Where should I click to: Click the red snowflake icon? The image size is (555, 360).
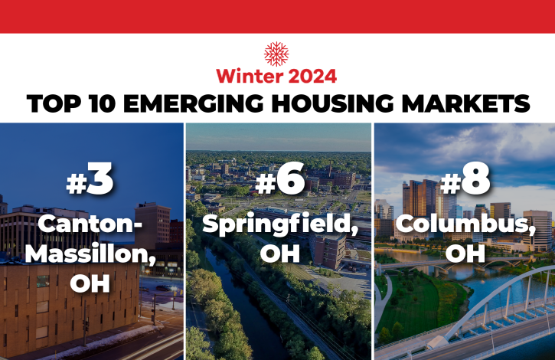point(276,54)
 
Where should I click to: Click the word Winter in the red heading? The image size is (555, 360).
point(250,76)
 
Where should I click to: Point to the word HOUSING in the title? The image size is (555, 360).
point(333,103)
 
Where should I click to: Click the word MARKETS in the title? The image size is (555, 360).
point(466,103)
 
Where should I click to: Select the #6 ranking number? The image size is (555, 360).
point(280,178)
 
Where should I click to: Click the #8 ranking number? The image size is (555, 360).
point(465,178)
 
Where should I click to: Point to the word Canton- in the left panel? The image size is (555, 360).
point(90,224)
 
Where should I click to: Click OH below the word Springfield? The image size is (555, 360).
point(280,254)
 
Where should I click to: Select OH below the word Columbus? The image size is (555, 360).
point(465,254)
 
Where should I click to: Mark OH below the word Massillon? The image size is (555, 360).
point(90,283)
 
